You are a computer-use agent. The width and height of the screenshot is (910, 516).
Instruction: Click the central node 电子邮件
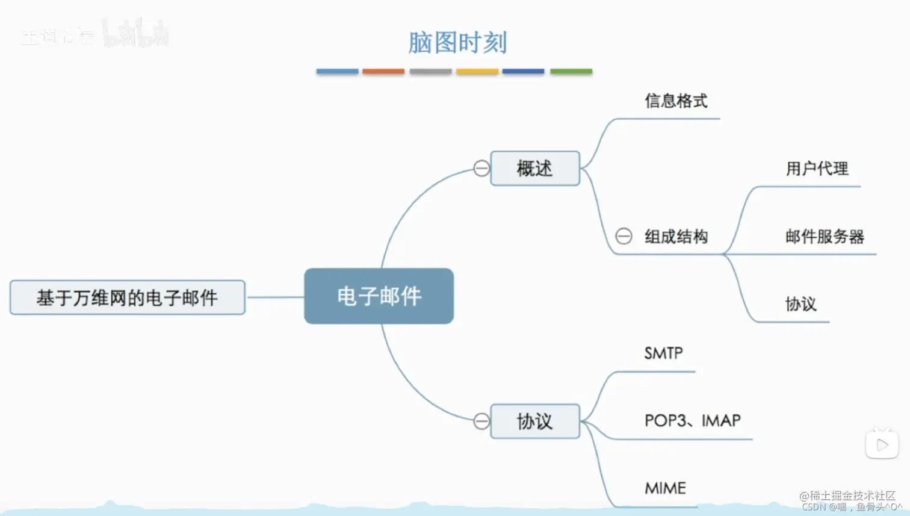379,296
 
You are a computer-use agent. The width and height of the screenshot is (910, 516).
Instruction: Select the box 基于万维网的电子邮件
127,297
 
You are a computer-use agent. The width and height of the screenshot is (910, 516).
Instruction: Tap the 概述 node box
534,169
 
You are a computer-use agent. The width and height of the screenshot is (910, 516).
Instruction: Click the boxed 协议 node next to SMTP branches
534,421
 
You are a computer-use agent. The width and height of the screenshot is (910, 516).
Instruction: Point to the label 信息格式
676,101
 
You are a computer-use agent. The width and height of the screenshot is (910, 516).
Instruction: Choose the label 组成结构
676,237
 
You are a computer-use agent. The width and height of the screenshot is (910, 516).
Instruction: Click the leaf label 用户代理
817,169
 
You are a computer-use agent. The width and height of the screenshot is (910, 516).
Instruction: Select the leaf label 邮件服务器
825,237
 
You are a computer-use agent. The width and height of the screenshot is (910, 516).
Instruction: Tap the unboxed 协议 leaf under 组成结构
800,304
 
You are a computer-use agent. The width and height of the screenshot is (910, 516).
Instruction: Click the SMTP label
663,353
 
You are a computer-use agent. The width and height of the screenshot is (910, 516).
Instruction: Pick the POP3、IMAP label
692,420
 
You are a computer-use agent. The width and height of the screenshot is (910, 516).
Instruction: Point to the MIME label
665,488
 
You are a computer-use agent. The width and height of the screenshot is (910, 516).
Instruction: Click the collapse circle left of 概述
481,169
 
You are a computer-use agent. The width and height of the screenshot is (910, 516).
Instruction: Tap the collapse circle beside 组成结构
624,236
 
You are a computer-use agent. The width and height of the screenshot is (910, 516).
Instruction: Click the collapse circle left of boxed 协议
481,421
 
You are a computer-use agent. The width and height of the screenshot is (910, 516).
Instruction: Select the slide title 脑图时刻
457,43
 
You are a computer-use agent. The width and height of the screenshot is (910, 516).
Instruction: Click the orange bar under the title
383,71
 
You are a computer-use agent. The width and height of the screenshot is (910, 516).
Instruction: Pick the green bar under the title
571,71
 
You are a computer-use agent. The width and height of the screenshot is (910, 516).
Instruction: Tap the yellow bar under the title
477,71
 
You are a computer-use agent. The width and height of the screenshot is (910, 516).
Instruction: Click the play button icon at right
882,445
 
